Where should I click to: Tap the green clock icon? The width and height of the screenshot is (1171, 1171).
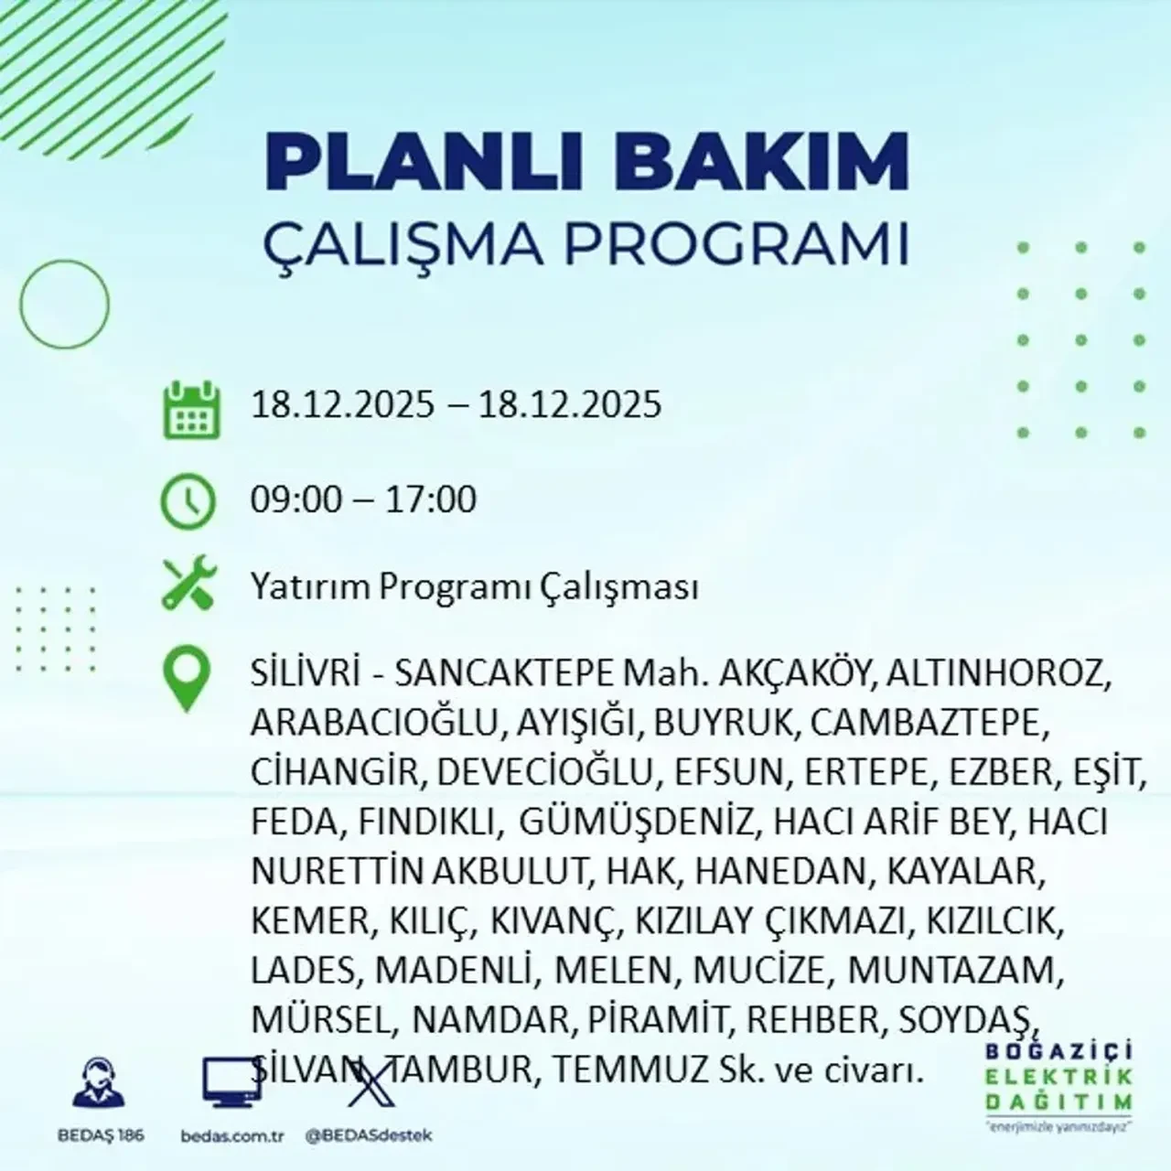click(x=188, y=501)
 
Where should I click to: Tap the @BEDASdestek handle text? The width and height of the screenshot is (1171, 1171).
click(x=368, y=1135)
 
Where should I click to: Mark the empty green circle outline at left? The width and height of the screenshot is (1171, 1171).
click(x=64, y=303)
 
